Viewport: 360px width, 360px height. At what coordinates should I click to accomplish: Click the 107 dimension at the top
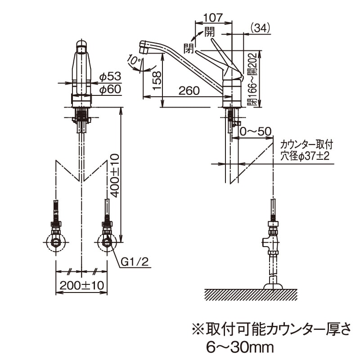coord(213,18)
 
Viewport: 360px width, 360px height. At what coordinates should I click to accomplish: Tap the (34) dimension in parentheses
coord(259,28)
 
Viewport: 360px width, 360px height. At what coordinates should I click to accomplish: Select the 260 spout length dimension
coord(189,91)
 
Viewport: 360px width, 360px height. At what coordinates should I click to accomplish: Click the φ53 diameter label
coord(110,77)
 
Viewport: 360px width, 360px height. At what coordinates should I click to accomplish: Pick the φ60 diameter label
coord(110,90)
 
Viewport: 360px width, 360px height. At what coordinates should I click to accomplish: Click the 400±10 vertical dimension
coord(114,175)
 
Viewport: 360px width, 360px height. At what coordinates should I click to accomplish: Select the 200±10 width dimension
coord(81,285)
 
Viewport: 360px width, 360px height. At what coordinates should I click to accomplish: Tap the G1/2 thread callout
coord(135,262)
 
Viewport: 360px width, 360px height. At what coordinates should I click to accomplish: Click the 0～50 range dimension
coord(255,131)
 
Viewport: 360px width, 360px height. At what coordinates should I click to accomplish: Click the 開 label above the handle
coord(209,31)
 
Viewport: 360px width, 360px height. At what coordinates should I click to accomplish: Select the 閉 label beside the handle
coord(189,46)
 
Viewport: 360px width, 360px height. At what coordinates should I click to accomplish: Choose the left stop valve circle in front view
coord(56,243)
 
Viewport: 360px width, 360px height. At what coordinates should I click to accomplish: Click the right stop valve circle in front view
coord(107,243)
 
